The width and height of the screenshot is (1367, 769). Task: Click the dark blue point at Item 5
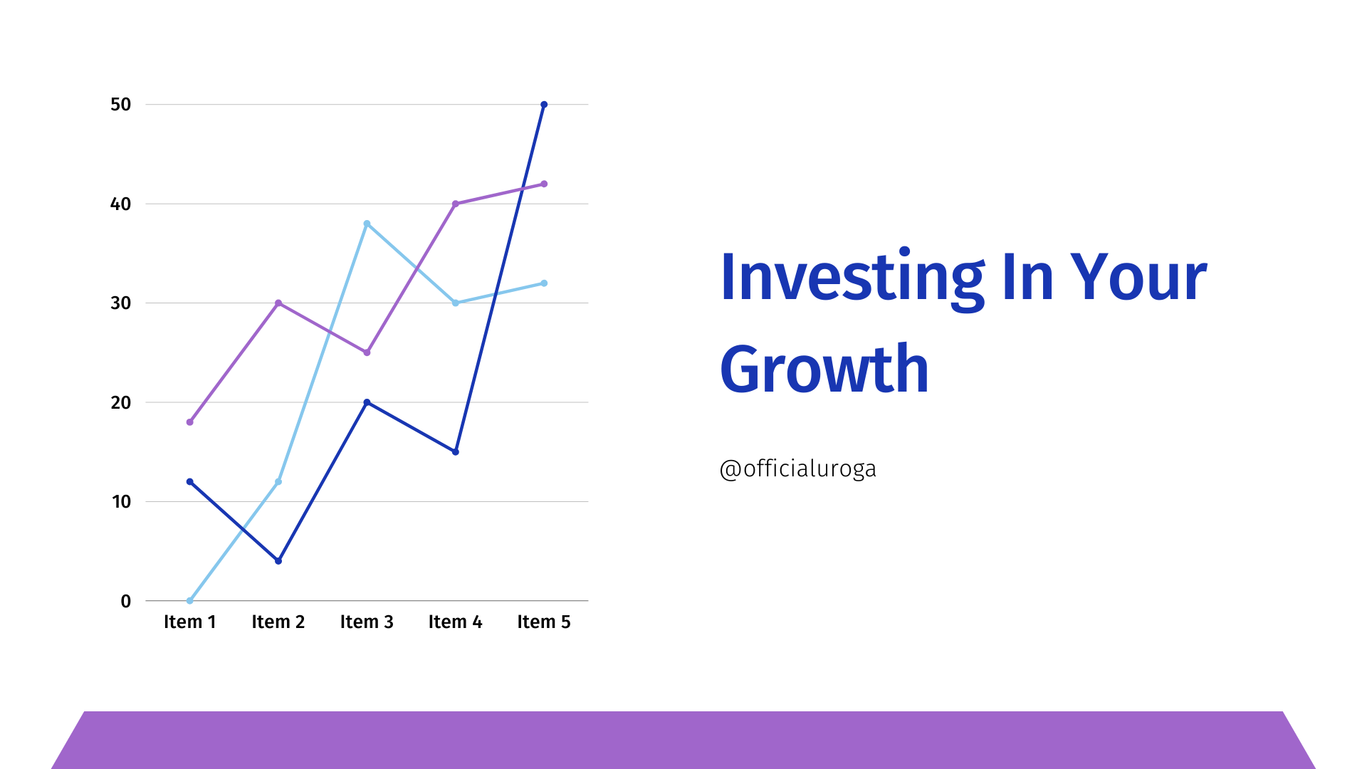click(x=544, y=105)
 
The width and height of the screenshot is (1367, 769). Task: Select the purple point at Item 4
click(x=456, y=204)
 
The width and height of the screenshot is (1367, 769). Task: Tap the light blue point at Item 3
click(x=367, y=224)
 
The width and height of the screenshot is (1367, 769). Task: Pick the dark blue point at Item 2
click(x=278, y=561)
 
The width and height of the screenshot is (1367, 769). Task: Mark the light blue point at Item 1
click(x=189, y=601)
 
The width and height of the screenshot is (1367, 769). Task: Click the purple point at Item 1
click(x=189, y=422)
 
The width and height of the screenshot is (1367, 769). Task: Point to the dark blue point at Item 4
click(x=456, y=452)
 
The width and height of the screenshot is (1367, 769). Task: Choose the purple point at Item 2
click(x=278, y=303)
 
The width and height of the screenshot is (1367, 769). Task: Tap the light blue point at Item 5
click(x=544, y=283)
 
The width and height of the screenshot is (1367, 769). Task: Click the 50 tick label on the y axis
click(x=121, y=105)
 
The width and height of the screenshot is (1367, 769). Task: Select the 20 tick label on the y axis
click(x=121, y=402)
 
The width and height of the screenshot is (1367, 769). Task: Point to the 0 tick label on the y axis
click(x=126, y=601)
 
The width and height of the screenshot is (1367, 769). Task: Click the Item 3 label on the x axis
click(x=367, y=622)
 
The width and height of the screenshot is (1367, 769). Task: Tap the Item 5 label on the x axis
click(x=544, y=622)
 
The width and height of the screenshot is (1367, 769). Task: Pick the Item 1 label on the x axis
click(x=189, y=622)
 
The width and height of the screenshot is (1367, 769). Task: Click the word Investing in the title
click(x=852, y=278)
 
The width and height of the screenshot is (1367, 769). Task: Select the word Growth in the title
click(x=824, y=368)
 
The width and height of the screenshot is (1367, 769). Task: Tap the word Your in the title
click(x=1138, y=277)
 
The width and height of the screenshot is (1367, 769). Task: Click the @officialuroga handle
click(x=798, y=469)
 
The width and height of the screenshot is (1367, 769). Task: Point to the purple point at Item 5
click(x=544, y=184)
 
